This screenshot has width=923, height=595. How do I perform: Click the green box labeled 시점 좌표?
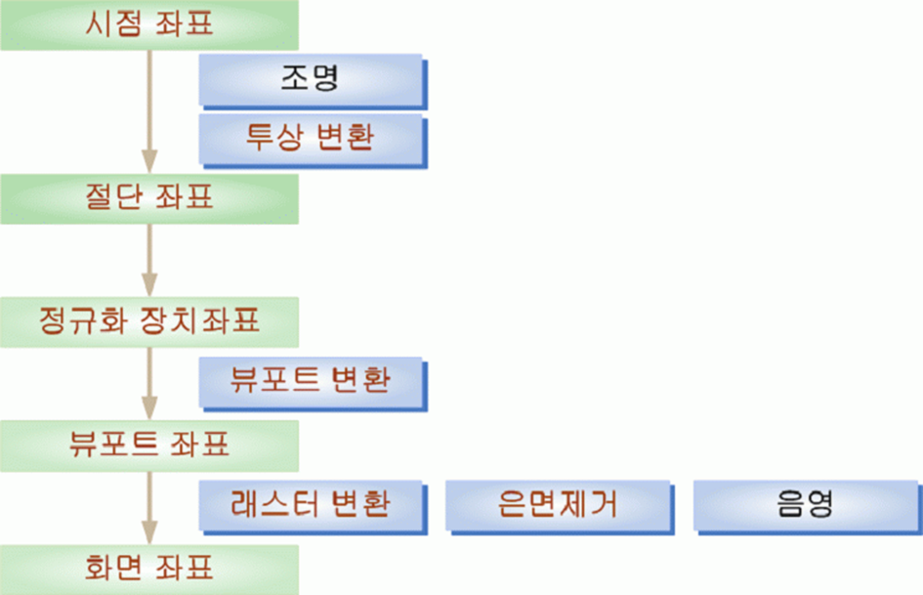click(149, 24)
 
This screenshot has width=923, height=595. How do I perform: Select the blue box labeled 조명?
click(313, 81)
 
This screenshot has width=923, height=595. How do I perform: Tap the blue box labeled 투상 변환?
click(313, 141)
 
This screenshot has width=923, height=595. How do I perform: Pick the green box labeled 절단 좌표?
click(149, 198)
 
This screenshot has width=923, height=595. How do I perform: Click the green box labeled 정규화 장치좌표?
click(149, 322)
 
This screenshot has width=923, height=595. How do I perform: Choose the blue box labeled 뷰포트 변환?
click(313, 384)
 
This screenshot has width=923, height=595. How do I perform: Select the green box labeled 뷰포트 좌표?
click(149, 446)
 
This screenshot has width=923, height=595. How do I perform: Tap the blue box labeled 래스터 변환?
click(313, 507)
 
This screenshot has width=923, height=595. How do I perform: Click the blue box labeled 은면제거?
click(560, 507)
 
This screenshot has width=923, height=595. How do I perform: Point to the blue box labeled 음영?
click(808, 507)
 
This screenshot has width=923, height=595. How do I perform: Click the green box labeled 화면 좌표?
click(149, 570)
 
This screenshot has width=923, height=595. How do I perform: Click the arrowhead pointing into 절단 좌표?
click(149, 161)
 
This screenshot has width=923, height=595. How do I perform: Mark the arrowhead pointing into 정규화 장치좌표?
click(149, 285)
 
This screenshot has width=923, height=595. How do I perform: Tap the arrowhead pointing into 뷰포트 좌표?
click(149, 408)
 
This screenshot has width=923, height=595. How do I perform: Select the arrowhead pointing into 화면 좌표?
click(149, 532)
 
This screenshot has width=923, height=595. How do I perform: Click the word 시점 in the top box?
click(113, 24)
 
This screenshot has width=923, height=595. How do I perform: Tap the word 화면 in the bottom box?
click(113, 568)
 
